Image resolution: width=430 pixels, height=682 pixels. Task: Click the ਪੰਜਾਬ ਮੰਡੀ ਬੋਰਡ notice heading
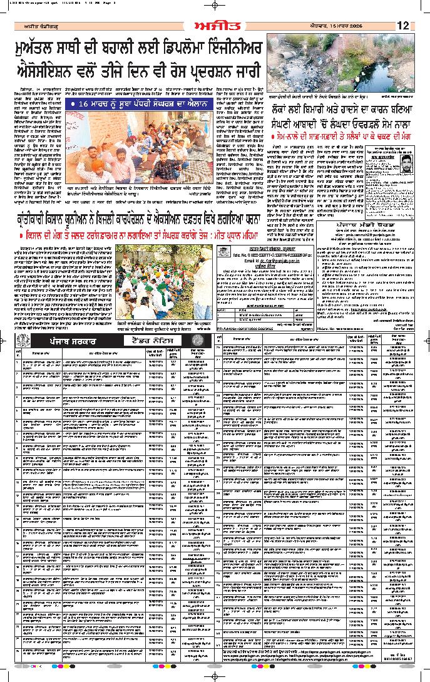pyautogui.click(x=366, y=222)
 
